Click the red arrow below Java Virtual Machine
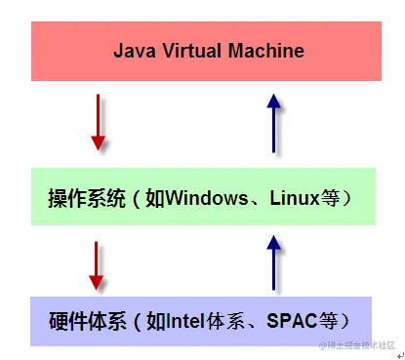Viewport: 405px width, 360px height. tap(98, 121)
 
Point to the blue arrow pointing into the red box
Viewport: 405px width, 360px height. tap(275, 121)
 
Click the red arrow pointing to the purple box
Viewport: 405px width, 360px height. tap(98, 267)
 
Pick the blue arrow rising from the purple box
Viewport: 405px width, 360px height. tap(275, 267)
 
